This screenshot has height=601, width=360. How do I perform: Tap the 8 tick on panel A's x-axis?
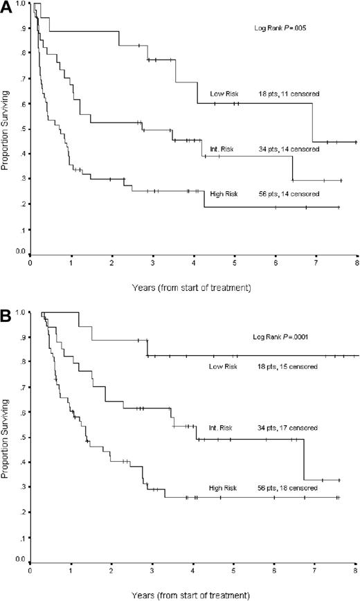tap(357, 264)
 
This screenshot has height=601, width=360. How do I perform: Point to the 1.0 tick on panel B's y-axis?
tap(21, 313)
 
